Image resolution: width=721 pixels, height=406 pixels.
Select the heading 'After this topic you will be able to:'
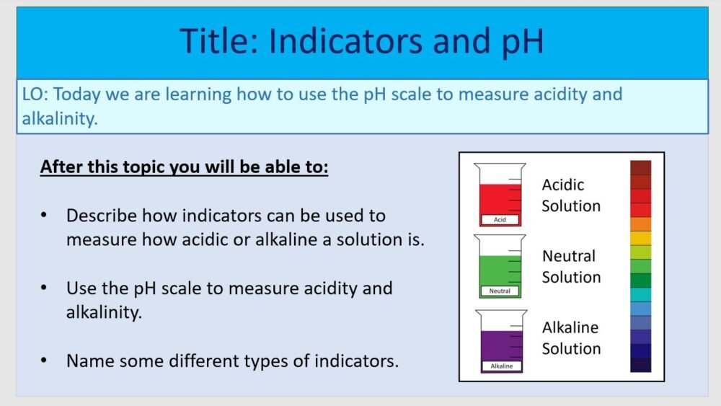(x=184, y=167)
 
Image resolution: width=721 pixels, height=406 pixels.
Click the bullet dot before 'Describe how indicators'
(x=45, y=216)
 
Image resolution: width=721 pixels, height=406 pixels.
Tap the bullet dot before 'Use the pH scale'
(x=45, y=288)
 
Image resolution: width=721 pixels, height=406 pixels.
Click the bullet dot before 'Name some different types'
(x=45, y=360)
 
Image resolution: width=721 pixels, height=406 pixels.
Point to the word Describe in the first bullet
(x=100, y=216)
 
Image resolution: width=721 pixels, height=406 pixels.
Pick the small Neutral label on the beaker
(x=500, y=291)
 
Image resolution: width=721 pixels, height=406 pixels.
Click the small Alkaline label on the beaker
(x=501, y=366)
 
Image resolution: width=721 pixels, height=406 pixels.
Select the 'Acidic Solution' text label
(x=571, y=195)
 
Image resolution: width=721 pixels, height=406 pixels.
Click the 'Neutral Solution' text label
(x=571, y=267)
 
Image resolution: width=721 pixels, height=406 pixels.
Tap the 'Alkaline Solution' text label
(x=571, y=338)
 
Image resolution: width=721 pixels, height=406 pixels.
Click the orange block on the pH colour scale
(x=640, y=224)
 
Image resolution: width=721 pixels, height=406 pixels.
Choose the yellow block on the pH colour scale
(x=640, y=238)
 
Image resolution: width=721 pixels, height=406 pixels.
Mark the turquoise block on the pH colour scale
(x=640, y=294)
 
